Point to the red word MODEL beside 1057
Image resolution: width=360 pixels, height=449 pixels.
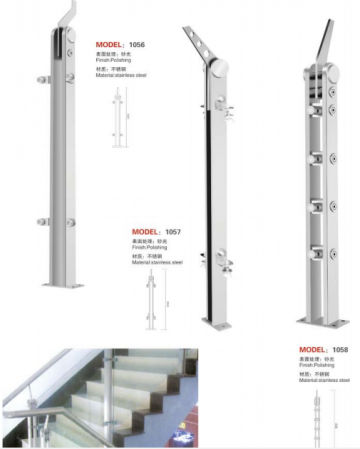tap(146, 230)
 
